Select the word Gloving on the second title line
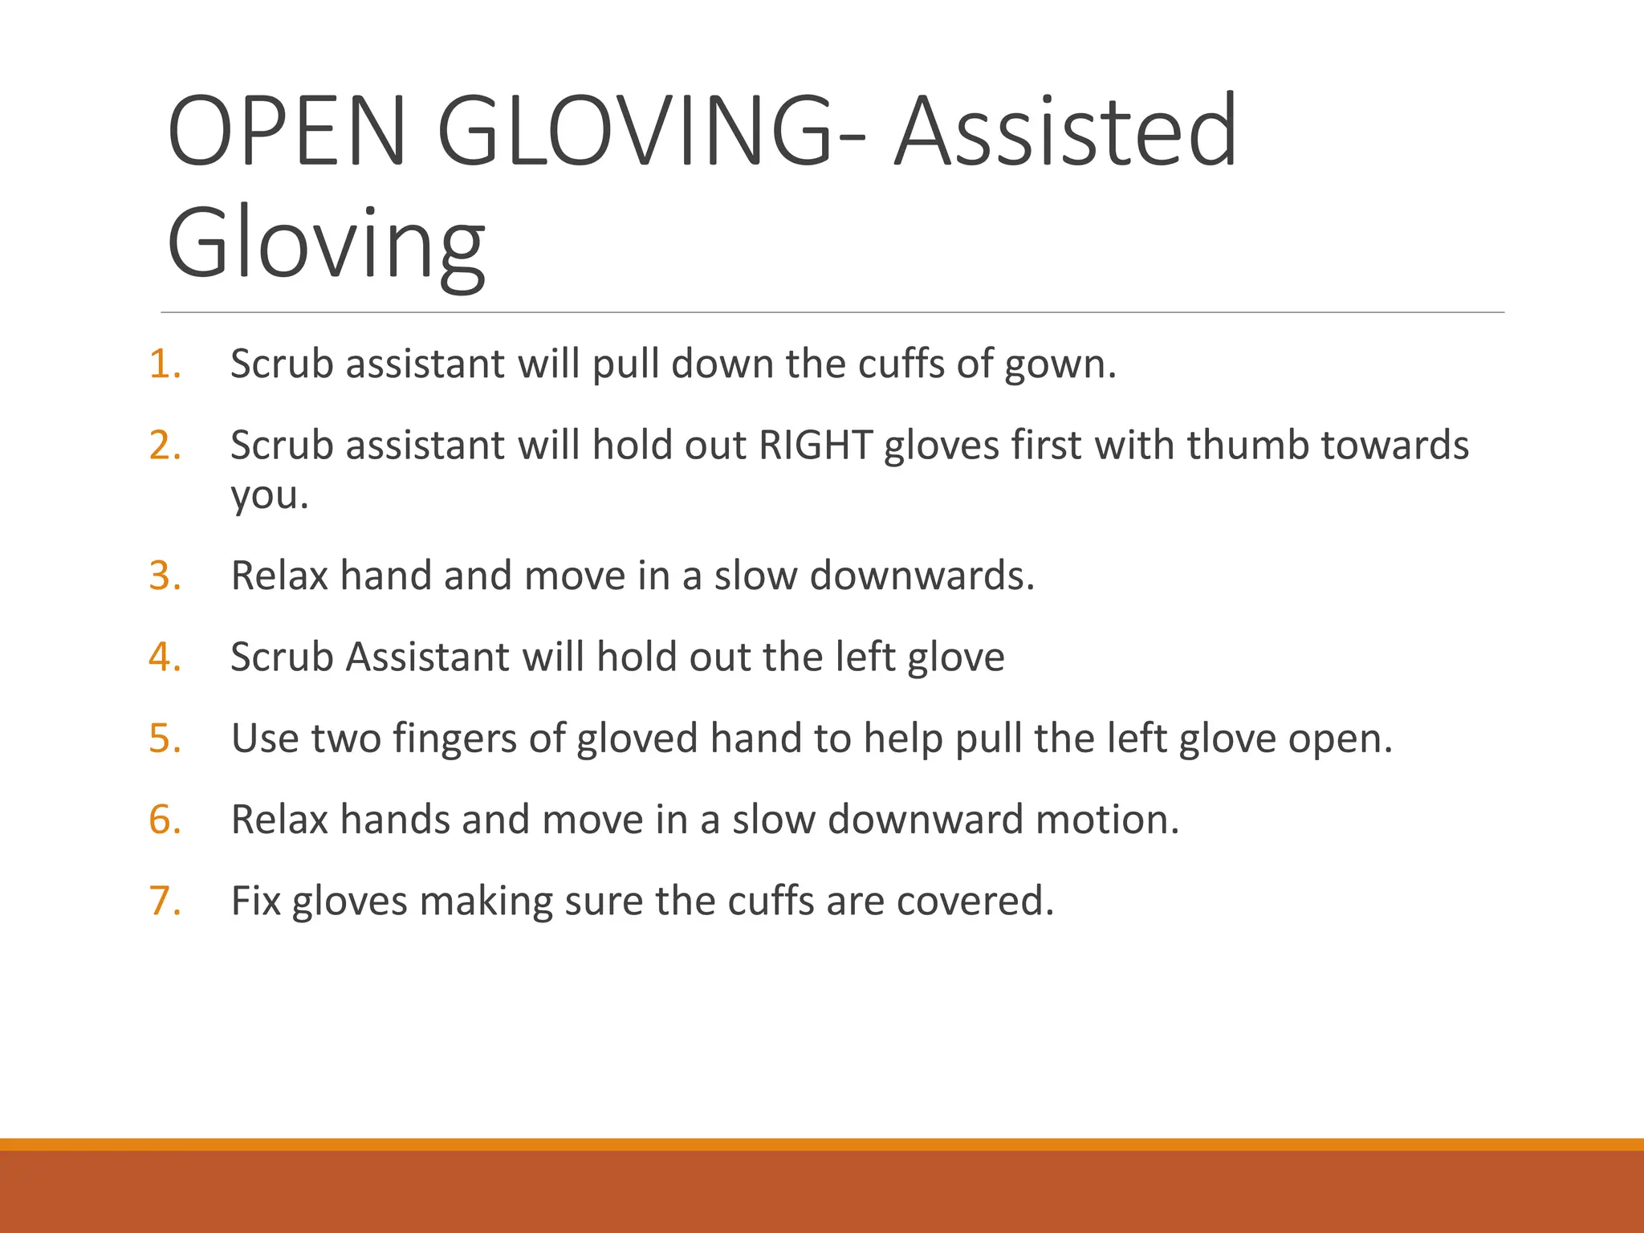pos(326,243)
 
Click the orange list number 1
pos(165,364)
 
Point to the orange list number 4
pos(165,657)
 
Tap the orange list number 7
pos(165,901)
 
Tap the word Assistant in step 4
pos(428,657)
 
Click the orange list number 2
pos(165,446)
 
